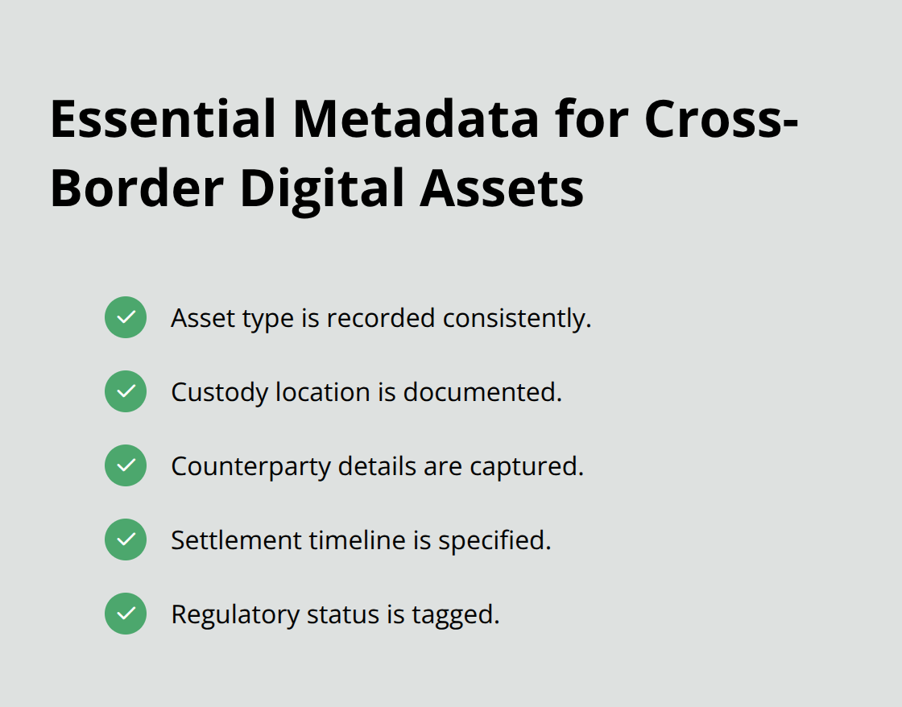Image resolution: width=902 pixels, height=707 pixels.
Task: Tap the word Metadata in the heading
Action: (x=416, y=118)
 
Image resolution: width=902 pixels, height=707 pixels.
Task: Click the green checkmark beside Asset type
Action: (x=126, y=317)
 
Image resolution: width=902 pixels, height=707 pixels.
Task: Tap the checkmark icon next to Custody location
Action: (x=126, y=391)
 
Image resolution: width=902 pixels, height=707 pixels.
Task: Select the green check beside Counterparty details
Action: (x=126, y=465)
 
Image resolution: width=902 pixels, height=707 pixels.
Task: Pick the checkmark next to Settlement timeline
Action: (x=126, y=540)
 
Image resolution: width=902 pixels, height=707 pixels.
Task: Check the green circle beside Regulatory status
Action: (x=126, y=614)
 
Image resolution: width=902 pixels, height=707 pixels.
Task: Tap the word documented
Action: (x=482, y=392)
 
